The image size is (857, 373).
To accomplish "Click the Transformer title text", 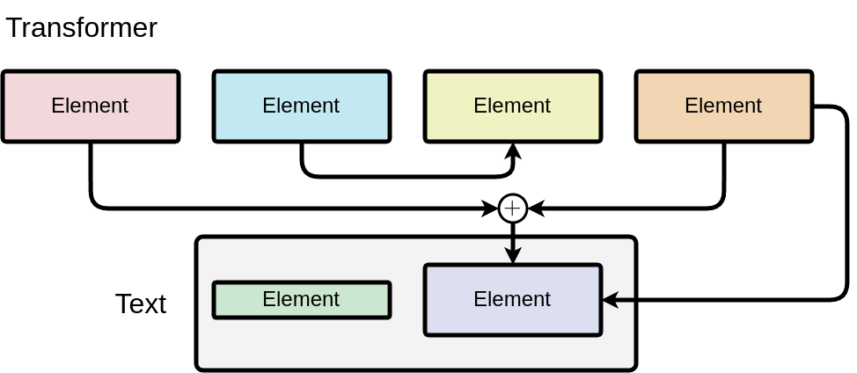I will [81, 28].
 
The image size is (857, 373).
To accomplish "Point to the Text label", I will [141, 304].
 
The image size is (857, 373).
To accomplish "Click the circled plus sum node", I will [512, 208].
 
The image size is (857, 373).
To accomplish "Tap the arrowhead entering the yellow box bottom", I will [512, 152].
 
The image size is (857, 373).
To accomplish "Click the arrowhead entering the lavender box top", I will [512, 255].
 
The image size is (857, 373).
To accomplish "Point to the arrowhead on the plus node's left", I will [489, 208].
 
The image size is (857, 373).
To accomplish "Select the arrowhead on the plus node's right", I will [535, 208].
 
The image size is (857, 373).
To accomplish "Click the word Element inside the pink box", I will [90, 106].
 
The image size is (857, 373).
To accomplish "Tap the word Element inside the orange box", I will [723, 106].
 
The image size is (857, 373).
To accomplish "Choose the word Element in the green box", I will [301, 299].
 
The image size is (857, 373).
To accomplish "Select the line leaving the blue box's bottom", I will [302, 158].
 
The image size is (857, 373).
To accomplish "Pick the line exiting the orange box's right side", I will [846, 202].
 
